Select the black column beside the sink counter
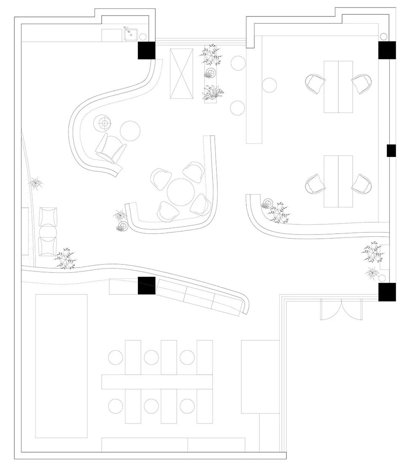pos(146,51)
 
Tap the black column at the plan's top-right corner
pos(386,50)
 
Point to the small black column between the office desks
pos(391,151)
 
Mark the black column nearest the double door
pos(386,292)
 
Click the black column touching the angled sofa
pos(146,286)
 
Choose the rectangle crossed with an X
pos(181,73)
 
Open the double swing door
pos(341,309)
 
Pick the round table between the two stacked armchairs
pos(48,232)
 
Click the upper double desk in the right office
pos(338,87)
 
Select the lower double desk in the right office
pos(338,181)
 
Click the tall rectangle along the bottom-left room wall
pos(61,366)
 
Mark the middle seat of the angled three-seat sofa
pos(198,297)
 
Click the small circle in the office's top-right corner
pos(383,36)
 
